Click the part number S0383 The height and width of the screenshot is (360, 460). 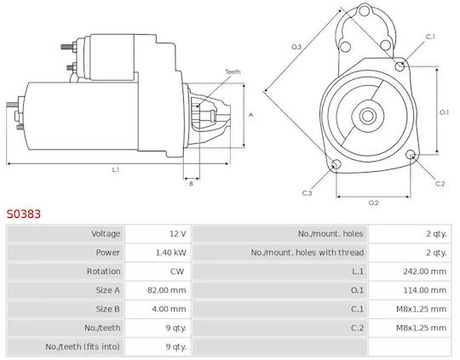tap(24, 214)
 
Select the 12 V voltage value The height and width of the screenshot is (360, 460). tap(178, 234)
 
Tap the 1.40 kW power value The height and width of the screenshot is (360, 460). tap(170, 253)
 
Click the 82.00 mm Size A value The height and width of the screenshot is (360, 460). tap(166, 290)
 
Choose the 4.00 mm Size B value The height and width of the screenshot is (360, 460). tap(169, 309)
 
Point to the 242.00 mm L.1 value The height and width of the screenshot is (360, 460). tap(424, 271)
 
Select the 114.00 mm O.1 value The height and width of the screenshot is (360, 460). tap(424, 290)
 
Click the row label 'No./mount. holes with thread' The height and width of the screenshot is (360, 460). tap(308, 253)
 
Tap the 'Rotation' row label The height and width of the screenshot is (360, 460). tap(103, 271)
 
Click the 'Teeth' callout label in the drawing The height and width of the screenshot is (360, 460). tap(233, 71)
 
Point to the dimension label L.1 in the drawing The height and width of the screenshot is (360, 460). tap(115, 169)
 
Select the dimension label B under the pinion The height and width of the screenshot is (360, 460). tap(192, 184)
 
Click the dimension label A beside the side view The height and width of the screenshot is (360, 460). tap(250, 115)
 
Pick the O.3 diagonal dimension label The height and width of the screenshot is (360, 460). tap(296, 47)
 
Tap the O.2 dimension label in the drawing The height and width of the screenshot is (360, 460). tap(373, 203)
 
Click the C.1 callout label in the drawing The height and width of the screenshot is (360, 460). tap(430, 37)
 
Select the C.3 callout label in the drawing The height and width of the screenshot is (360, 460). tap(308, 193)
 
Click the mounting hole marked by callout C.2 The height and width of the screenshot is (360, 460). tap(411, 155)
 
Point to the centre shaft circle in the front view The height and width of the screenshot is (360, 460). tap(368, 116)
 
